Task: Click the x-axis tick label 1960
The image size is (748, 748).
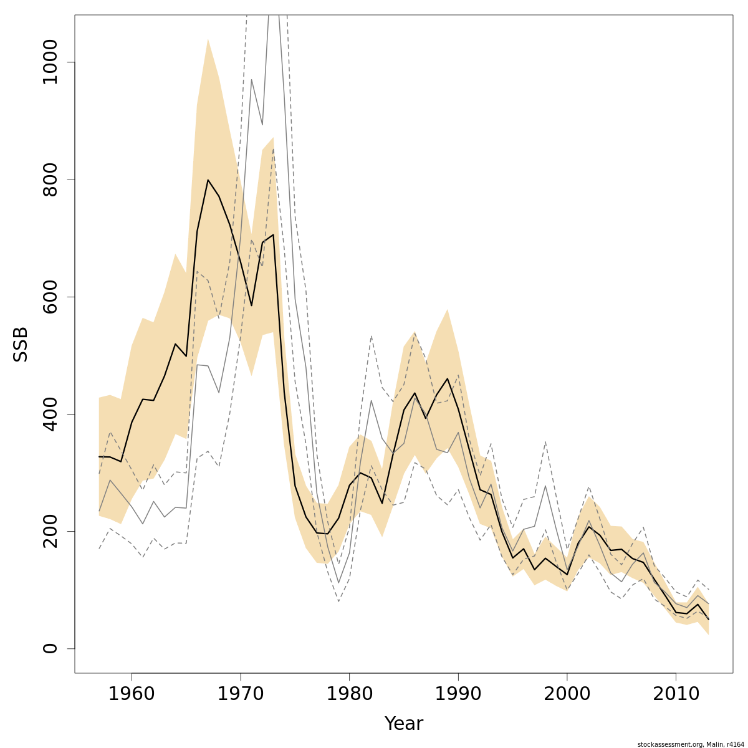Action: click(132, 693)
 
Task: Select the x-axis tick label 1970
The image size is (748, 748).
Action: click(241, 693)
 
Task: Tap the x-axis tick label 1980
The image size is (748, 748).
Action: click(349, 693)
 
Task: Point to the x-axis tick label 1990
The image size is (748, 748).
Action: click(458, 693)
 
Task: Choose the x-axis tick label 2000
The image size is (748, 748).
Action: click(567, 693)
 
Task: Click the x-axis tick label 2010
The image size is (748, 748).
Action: click(676, 693)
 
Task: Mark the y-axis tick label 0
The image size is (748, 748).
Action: click(50, 648)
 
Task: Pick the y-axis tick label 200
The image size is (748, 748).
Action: click(50, 531)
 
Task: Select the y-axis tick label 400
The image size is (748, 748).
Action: click(50, 414)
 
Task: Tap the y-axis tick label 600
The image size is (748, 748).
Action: click(50, 297)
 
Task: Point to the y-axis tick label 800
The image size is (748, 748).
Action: click(50, 180)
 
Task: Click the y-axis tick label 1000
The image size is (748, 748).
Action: click(50, 62)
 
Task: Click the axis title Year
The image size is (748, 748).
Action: click(403, 724)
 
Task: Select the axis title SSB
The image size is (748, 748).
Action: click(21, 344)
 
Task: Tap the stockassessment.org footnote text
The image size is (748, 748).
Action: click(691, 744)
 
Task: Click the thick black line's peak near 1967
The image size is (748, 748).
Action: click(208, 180)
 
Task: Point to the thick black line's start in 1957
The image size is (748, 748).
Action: click(99, 457)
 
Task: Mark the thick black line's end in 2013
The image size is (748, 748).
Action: click(708, 619)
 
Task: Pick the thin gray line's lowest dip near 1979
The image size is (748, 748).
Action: click(338, 583)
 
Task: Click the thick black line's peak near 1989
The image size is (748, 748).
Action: click(448, 378)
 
